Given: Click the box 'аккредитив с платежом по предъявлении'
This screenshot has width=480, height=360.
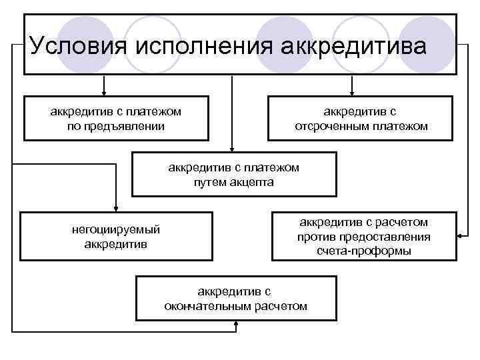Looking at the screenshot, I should click(x=115, y=119).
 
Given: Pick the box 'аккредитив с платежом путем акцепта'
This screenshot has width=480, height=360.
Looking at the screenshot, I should click(x=233, y=175).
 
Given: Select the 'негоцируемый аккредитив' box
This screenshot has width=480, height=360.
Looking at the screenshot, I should click(x=116, y=236).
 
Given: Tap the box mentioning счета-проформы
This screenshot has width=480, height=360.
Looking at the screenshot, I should click(x=364, y=236).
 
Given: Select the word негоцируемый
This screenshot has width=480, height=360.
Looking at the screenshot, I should click(x=116, y=229).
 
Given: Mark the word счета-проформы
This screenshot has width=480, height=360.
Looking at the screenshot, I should click(x=364, y=251).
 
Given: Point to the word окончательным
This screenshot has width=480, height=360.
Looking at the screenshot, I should click(x=208, y=306).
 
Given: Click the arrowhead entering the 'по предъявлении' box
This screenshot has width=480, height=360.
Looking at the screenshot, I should click(x=103, y=93).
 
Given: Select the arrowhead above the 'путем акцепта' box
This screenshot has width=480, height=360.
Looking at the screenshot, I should click(x=231, y=149).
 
